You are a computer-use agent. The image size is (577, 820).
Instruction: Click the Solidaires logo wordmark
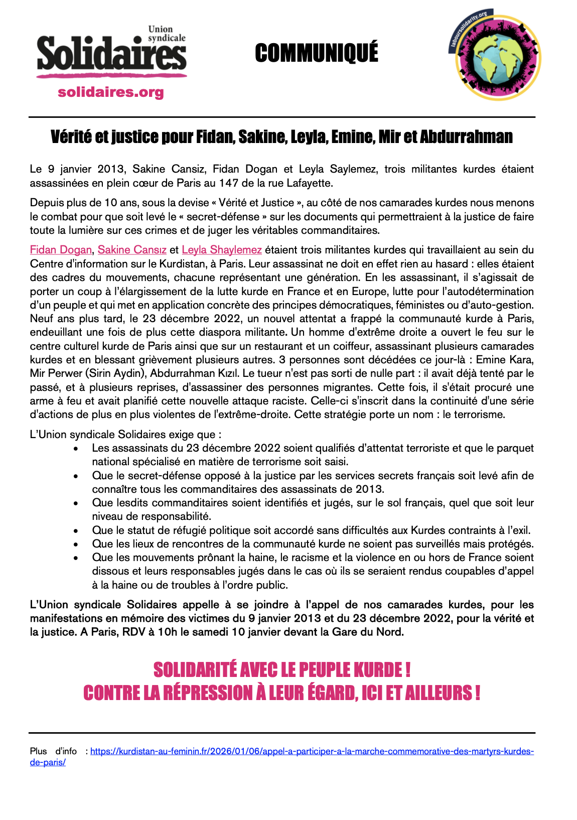tap(111, 54)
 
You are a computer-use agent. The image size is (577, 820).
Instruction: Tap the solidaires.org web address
tap(111, 92)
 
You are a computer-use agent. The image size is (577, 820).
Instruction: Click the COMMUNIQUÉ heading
tap(317, 53)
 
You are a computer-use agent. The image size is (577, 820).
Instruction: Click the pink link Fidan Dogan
tap(61, 250)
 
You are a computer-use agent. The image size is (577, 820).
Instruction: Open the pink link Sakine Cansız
tap(132, 250)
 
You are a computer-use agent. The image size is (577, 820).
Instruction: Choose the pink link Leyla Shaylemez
tap(222, 250)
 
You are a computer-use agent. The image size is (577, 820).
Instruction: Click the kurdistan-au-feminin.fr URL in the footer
tap(311, 751)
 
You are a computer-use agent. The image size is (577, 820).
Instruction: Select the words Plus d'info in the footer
tap(53, 751)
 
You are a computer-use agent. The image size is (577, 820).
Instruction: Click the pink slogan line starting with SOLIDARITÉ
tap(282, 670)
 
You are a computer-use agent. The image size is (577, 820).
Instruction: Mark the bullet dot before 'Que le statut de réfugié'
tap(76, 530)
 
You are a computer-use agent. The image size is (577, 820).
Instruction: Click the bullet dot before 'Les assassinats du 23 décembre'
tap(76, 449)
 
